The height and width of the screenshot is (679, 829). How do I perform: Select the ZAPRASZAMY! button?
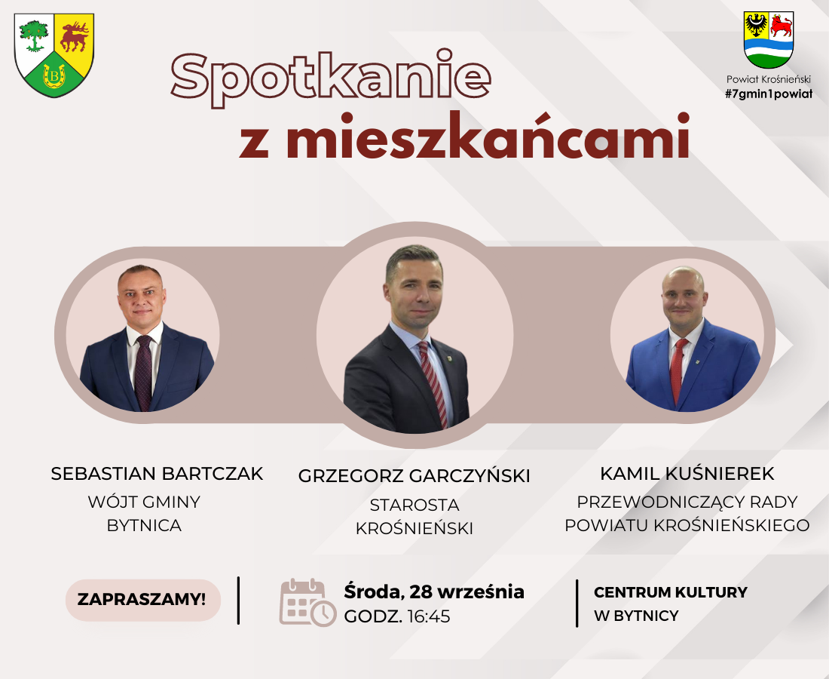[142, 600]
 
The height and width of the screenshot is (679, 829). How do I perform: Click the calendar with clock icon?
[307, 603]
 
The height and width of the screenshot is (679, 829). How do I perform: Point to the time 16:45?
[429, 616]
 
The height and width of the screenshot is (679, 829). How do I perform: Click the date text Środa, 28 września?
[434, 591]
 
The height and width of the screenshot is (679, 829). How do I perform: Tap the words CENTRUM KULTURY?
[671, 592]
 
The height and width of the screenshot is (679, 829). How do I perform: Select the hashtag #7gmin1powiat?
[769, 94]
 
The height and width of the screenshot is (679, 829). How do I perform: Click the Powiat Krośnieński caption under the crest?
[768, 79]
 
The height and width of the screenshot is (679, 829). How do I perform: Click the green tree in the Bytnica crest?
[33, 35]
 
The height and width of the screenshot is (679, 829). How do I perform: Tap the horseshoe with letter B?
[54, 75]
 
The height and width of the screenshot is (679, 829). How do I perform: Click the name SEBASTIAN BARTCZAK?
[157, 474]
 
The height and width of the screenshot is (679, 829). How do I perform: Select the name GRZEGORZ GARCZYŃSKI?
[414, 476]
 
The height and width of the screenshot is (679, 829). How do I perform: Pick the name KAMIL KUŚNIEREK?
[687, 474]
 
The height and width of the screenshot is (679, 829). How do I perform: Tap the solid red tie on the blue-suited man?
[678, 370]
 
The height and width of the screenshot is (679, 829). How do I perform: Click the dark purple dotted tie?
[143, 373]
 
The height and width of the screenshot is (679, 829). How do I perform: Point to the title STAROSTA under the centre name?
[414, 505]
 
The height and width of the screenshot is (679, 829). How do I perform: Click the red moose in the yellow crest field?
[75, 36]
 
